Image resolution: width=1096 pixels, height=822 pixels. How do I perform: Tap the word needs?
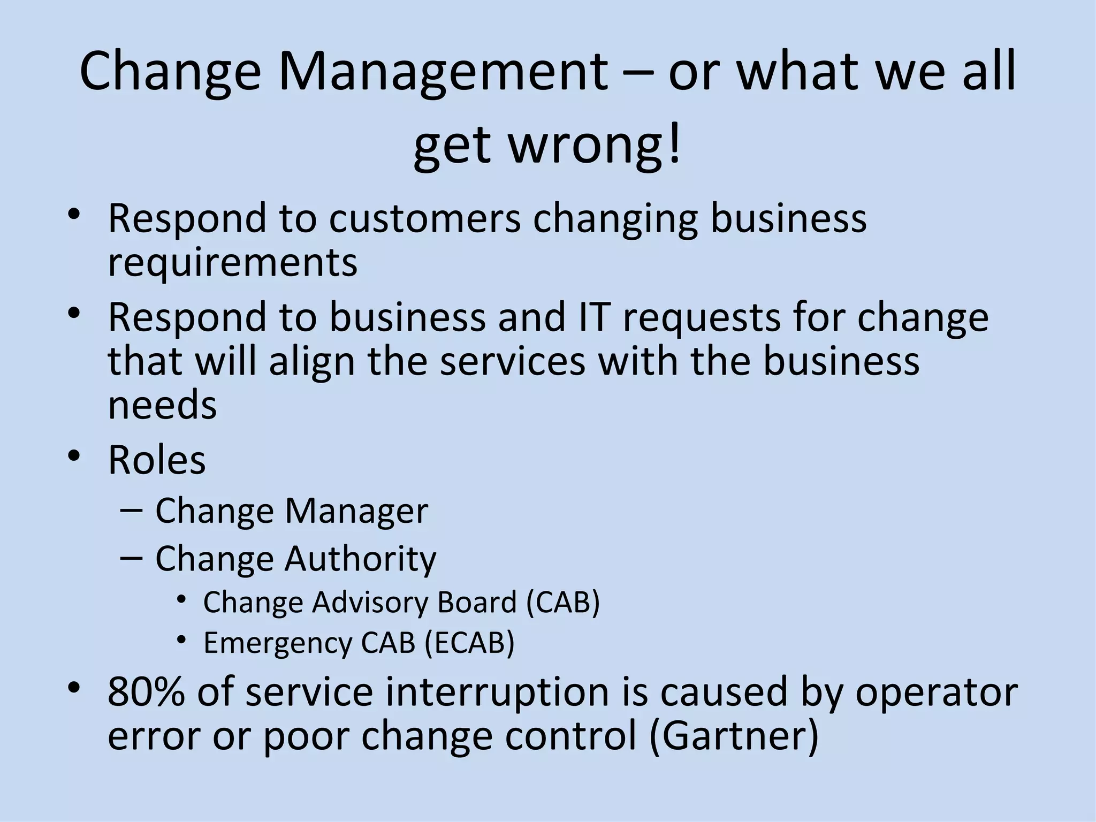tap(162, 405)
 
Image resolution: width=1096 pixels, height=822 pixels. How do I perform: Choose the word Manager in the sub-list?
tap(356, 511)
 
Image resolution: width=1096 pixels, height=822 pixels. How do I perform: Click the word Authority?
tap(360, 559)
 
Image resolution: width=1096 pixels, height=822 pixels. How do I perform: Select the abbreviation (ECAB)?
tap(469, 642)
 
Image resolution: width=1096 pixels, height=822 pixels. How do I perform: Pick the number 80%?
tap(146, 691)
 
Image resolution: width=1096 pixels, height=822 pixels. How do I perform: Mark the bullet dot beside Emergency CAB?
tap(181, 639)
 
